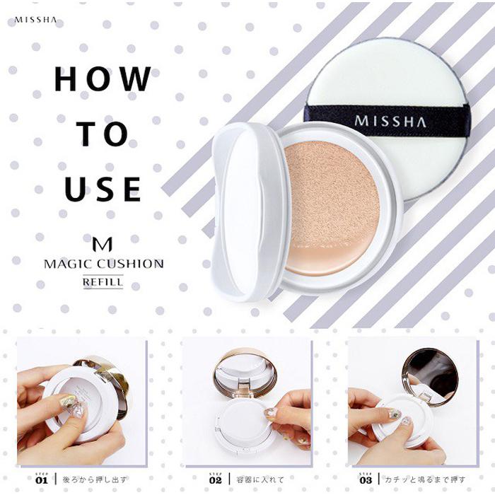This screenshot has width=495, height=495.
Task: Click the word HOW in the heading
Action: pos(103,80)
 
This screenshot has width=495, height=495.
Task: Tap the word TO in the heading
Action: pos(103,134)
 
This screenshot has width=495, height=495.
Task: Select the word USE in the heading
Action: pos(103,189)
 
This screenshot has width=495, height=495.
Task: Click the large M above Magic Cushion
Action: pos(103,244)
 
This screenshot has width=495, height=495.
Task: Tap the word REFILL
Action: pos(103,281)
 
